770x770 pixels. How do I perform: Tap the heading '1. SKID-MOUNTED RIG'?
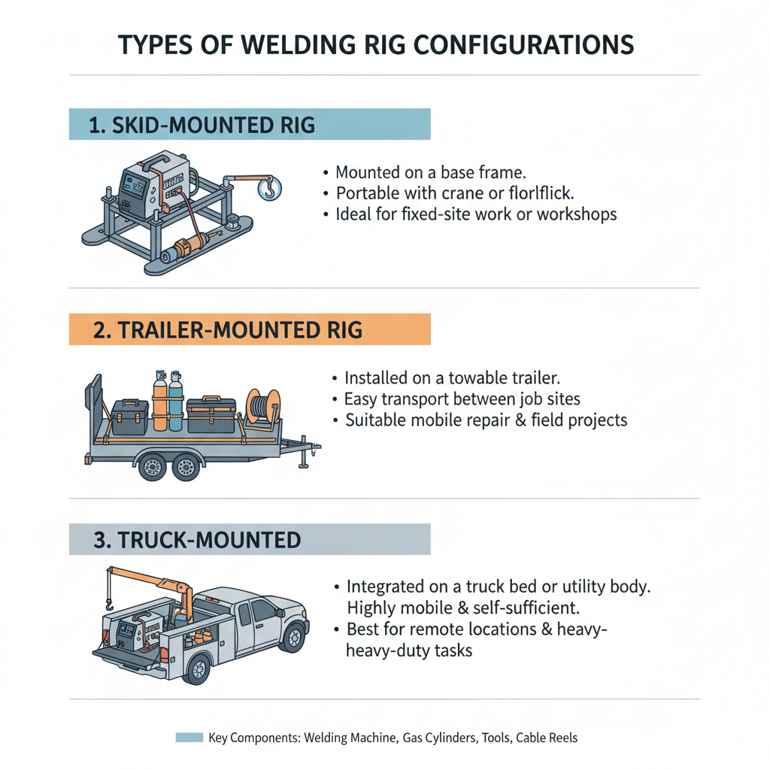202,125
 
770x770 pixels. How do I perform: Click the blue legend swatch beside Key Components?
189,738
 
